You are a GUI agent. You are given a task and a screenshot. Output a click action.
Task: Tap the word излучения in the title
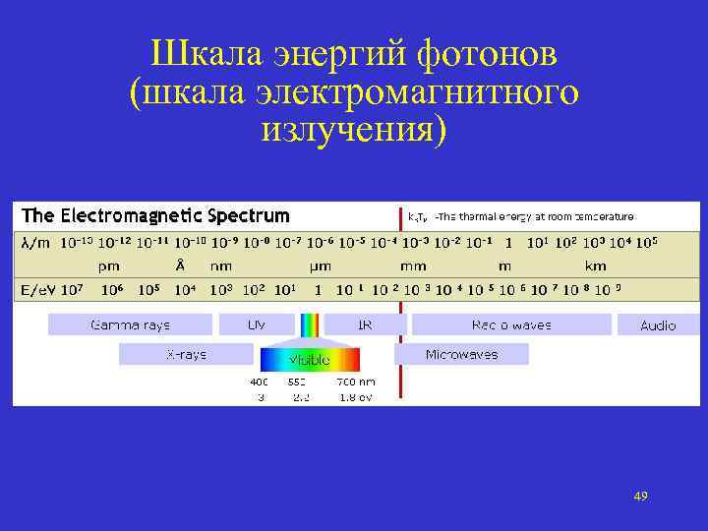click(353, 128)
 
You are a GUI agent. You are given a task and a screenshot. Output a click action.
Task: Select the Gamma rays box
click(130, 324)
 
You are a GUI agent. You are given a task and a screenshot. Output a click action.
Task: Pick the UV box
click(257, 324)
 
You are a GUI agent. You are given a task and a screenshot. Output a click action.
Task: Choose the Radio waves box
click(511, 324)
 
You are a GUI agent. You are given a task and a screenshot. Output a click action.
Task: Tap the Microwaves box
click(461, 354)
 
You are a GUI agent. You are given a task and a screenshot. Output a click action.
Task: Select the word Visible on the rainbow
click(309, 361)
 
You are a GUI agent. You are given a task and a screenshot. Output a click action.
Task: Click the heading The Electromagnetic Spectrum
click(156, 214)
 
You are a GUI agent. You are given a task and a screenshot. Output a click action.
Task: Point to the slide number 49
click(641, 496)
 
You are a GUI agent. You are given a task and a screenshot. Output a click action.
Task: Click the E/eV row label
click(37, 290)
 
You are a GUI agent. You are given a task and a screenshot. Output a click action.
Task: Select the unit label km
click(595, 265)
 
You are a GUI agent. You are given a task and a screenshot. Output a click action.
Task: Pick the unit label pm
click(109, 265)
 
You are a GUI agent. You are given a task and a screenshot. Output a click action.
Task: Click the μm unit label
click(321, 265)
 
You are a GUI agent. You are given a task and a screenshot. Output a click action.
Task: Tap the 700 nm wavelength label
click(355, 381)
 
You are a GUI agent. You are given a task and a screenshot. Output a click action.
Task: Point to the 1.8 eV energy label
click(354, 396)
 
